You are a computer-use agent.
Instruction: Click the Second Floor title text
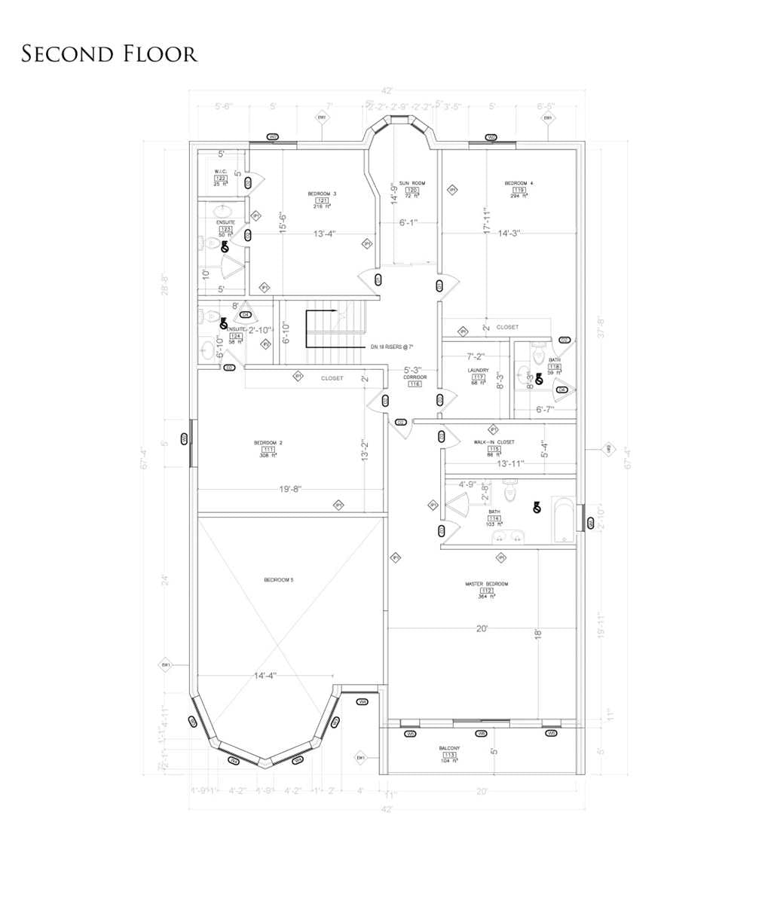point(109,54)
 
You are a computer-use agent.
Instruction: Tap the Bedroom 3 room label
point(322,194)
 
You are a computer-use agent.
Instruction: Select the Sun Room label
point(412,183)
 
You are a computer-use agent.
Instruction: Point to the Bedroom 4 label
point(518,183)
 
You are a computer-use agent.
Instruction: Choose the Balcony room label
point(449,748)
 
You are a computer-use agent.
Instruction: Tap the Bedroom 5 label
point(278,579)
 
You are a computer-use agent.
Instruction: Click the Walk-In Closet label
point(494,442)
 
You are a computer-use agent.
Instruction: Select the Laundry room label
point(478,371)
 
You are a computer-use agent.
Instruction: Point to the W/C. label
point(220,171)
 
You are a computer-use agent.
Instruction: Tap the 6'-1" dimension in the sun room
point(408,223)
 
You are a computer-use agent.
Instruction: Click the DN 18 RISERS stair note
point(392,347)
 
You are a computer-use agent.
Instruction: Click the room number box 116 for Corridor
point(414,384)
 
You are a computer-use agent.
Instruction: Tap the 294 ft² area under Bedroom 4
point(518,196)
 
